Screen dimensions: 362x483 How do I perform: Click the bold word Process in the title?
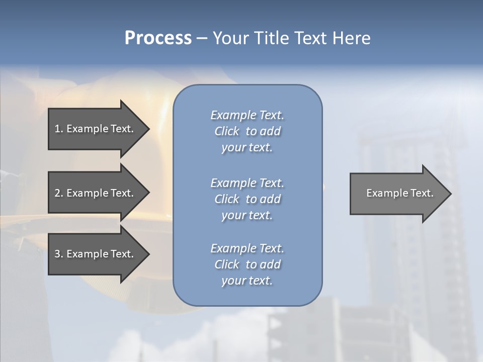click(158, 38)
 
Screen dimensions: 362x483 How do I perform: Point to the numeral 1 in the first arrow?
click(57, 129)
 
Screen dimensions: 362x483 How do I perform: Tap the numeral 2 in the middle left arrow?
click(57, 193)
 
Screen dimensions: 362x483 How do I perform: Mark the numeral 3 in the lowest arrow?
click(57, 254)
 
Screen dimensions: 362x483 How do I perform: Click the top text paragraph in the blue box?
click(247, 131)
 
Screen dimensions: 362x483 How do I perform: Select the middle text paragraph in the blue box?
click(247, 199)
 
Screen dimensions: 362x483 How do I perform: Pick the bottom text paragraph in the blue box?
click(247, 264)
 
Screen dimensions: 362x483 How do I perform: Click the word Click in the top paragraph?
click(227, 131)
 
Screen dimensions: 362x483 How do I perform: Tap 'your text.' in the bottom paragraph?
click(247, 281)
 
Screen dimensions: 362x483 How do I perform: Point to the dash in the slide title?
click(202, 38)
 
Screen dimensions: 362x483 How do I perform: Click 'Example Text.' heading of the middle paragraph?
click(247, 183)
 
